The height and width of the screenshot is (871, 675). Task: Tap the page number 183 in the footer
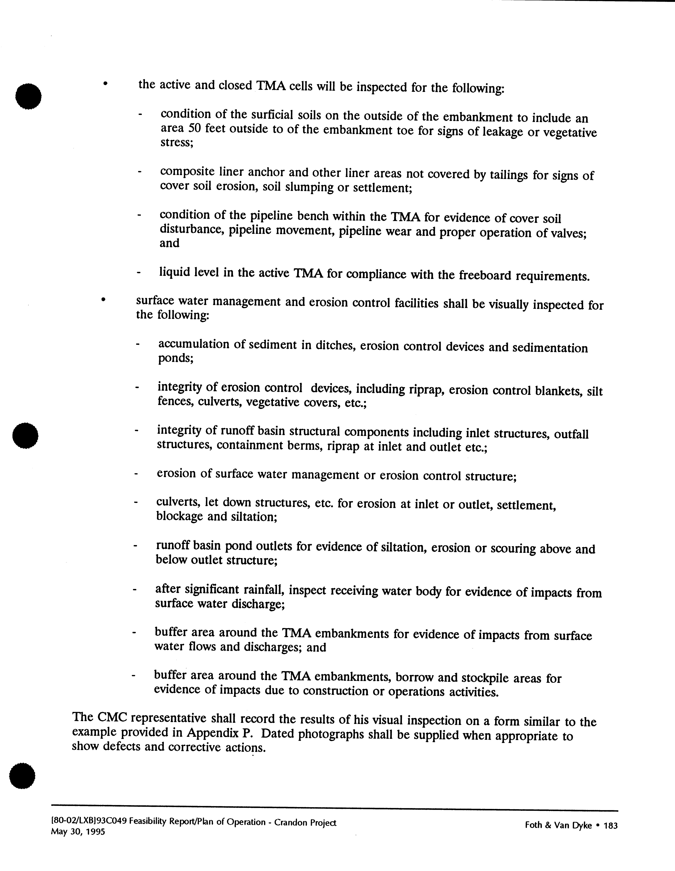(611, 826)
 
